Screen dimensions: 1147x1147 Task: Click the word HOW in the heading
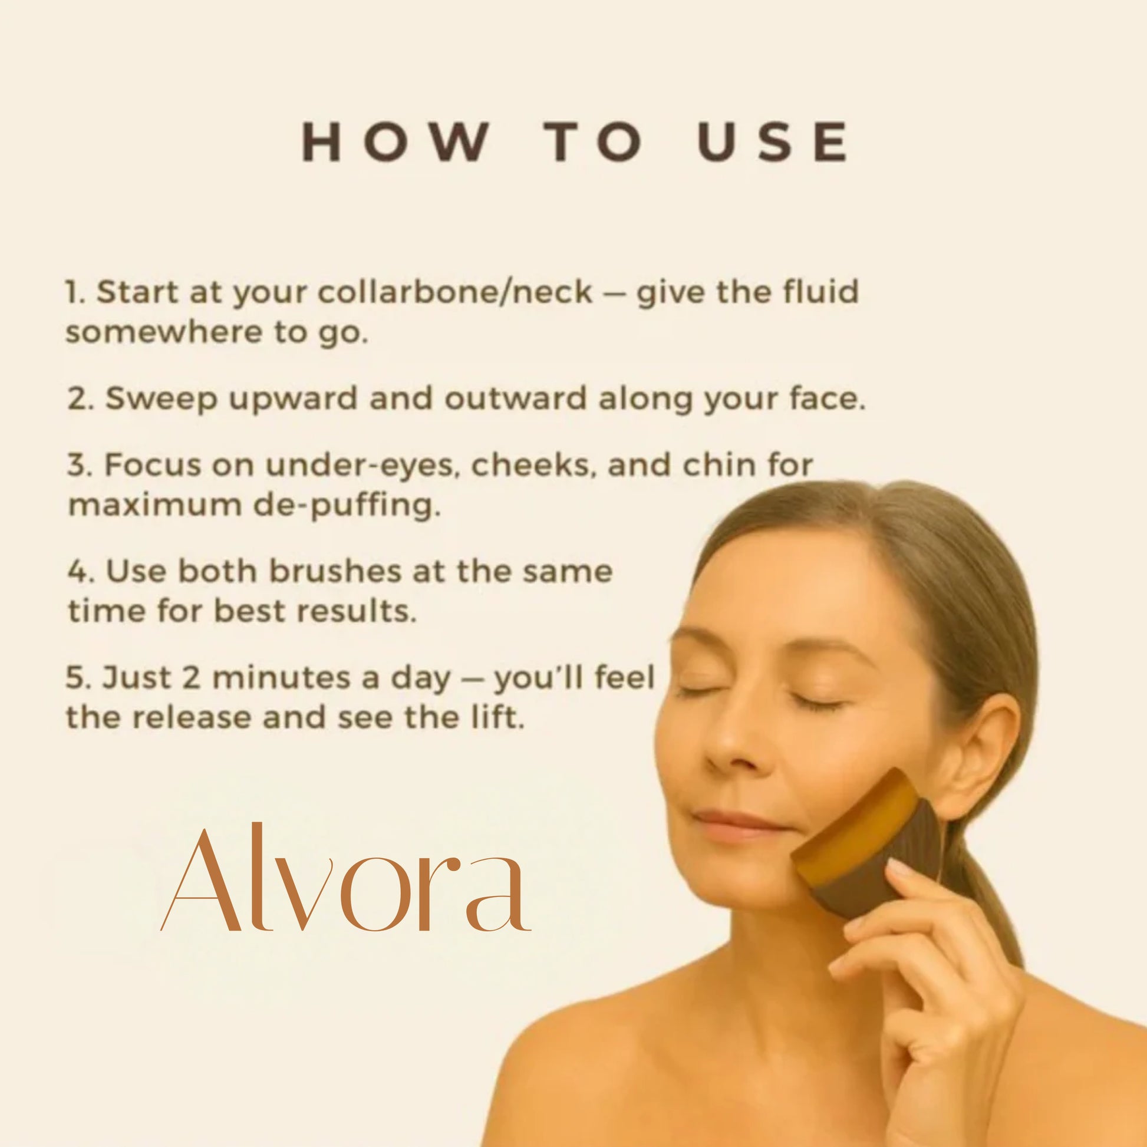click(396, 142)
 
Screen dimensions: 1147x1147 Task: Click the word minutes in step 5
click(285, 677)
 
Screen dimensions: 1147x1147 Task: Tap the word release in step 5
click(193, 718)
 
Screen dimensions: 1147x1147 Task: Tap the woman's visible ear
click(982, 757)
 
